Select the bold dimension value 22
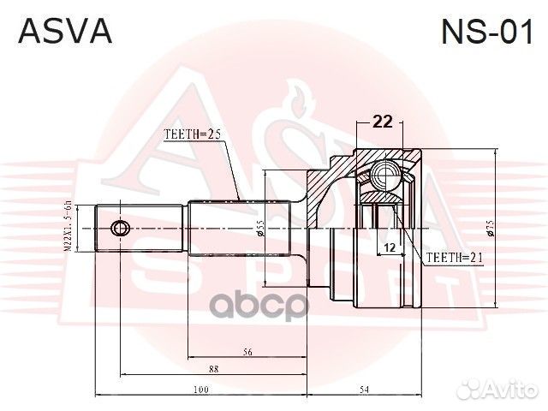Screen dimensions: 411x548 383,122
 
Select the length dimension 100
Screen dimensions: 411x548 200,390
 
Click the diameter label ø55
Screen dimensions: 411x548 259,229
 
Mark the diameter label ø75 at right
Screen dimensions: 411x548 490,228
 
